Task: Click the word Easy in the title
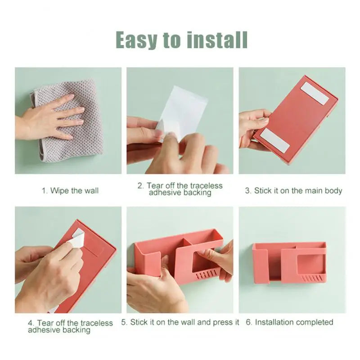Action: [x=136, y=40]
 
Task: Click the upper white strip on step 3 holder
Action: [x=315, y=94]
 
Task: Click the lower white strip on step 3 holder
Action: [x=274, y=140]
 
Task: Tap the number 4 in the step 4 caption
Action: [x=31, y=323]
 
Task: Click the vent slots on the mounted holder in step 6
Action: [x=311, y=279]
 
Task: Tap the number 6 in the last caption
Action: [x=248, y=322]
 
